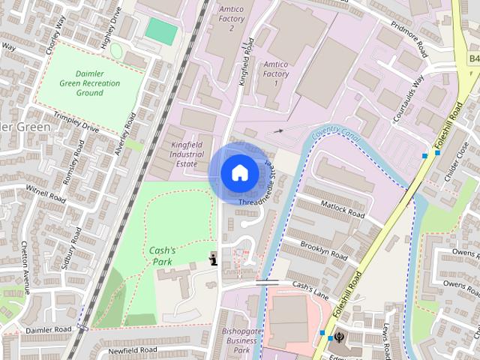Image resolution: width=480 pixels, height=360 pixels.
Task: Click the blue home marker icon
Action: [x=238, y=173]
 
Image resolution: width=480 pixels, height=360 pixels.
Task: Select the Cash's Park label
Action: [x=162, y=256]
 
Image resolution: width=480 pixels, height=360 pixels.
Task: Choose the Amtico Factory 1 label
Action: [x=275, y=74]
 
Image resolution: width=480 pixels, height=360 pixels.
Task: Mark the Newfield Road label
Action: [x=132, y=350]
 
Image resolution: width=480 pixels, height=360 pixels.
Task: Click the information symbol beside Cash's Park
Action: [x=214, y=259]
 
